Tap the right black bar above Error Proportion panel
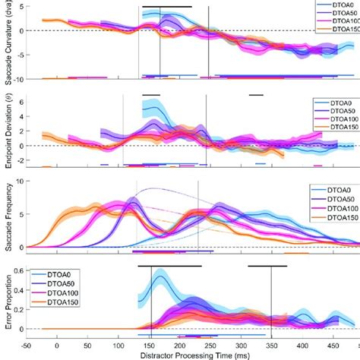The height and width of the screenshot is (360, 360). coord(267,267)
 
